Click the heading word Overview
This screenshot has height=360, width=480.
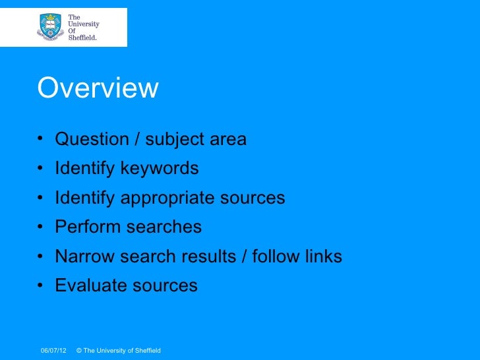pyautogui.click(x=98, y=88)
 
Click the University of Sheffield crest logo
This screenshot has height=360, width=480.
pyautogui.click(x=50, y=26)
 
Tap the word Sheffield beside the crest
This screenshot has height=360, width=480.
pyautogui.click(x=83, y=38)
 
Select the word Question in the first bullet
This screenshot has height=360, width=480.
pyautogui.click(x=92, y=140)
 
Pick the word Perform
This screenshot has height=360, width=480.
pyautogui.click(x=86, y=227)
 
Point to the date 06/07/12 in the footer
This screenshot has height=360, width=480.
pyautogui.click(x=53, y=350)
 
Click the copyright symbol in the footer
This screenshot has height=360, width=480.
pyautogui.click(x=79, y=350)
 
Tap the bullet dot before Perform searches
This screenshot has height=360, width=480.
pyautogui.click(x=41, y=228)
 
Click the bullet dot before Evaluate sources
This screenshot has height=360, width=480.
pyautogui.click(x=41, y=286)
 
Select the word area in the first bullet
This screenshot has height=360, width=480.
pyautogui.click(x=227, y=140)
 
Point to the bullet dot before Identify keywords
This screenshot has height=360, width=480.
pyautogui.click(x=41, y=169)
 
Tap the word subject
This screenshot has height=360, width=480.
pyautogui.click(x=175, y=140)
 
